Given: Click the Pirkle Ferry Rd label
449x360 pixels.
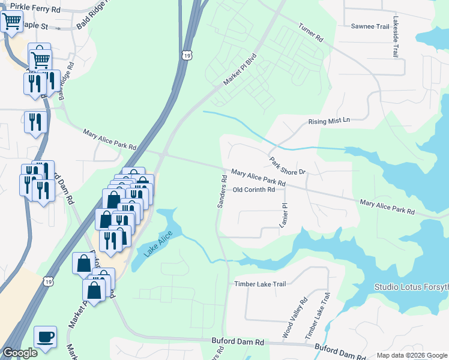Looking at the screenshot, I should pos(31,10).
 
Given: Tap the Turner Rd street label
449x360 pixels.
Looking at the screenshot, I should pos(311,32).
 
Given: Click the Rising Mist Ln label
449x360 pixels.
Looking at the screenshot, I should pos(328,121).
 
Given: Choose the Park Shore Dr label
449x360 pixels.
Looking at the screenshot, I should pos(288,166).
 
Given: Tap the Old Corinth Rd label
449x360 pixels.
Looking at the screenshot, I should pos(253,190).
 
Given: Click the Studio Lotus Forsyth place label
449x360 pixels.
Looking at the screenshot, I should pos(411,287).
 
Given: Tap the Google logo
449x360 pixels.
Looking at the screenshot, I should pos(20,353).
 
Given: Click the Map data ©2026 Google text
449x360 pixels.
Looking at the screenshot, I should pos(411,355).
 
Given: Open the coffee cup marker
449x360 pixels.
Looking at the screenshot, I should pos(45,337).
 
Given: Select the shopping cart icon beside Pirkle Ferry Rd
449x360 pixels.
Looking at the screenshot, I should pos(12,22).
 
